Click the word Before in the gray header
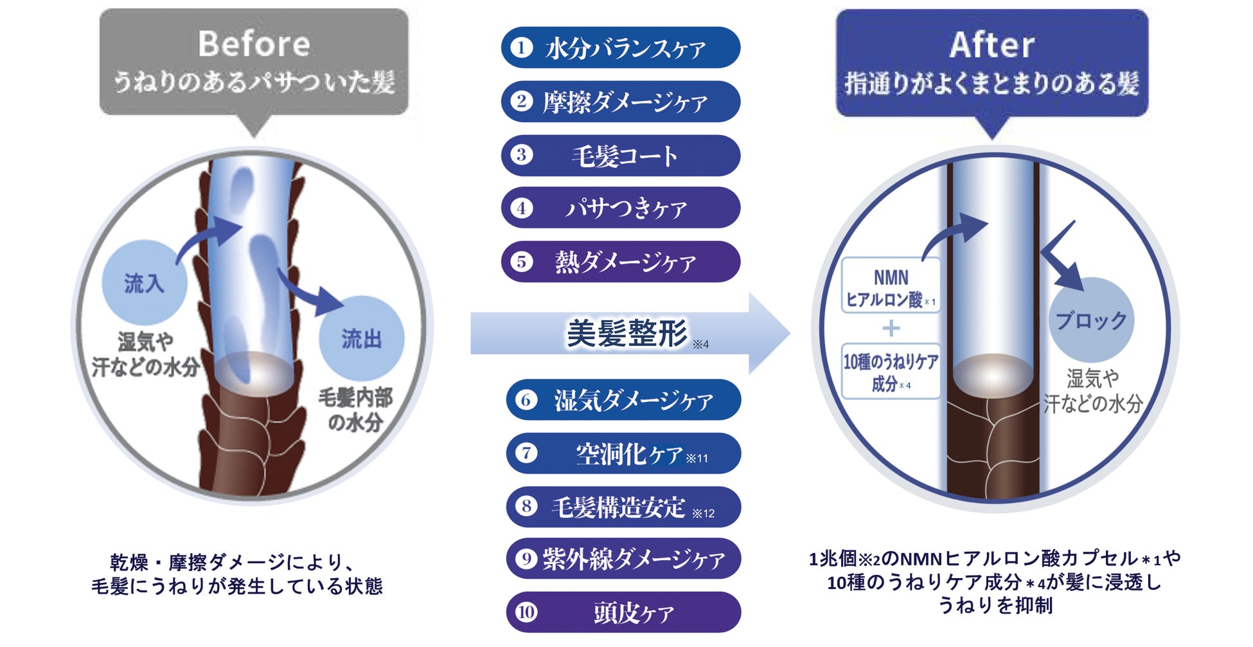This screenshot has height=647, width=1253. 254,44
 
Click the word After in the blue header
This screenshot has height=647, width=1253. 991,45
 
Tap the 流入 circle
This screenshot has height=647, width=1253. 144,283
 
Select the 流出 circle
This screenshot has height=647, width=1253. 361,338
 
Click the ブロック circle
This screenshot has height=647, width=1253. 1091,320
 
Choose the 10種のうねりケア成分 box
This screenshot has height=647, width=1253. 891,372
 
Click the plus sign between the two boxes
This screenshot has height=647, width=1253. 891,329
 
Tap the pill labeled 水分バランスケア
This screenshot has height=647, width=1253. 621,48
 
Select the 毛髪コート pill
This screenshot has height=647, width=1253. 621,156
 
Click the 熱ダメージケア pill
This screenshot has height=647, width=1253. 621,262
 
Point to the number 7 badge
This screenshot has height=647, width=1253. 526,453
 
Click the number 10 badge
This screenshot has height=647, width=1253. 526,612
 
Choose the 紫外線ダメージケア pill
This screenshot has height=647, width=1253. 623,558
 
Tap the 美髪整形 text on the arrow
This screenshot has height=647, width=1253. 626,333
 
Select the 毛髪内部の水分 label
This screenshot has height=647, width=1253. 355,410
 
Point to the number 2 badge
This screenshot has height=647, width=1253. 522,101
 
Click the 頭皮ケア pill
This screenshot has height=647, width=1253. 623,612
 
